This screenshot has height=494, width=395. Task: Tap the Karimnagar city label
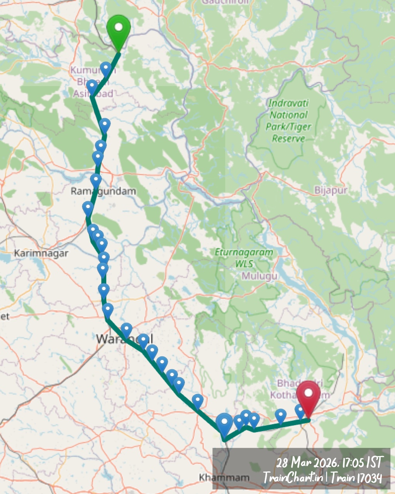click(41, 254)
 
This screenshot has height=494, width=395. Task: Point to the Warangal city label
click(124, 339)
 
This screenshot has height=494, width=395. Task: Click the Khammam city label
click(224, 477)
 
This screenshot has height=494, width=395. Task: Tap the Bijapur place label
click(331, 190)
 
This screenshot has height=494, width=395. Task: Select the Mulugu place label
click(260, 276)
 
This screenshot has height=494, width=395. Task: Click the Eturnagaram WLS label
click(244, 258)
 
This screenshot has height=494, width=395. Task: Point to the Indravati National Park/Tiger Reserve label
click(289, 121)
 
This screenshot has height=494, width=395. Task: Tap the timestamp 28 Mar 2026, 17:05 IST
click(329, 462)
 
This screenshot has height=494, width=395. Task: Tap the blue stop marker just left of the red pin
click(300, 411)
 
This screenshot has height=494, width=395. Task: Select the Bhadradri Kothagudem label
click(298, 389)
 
